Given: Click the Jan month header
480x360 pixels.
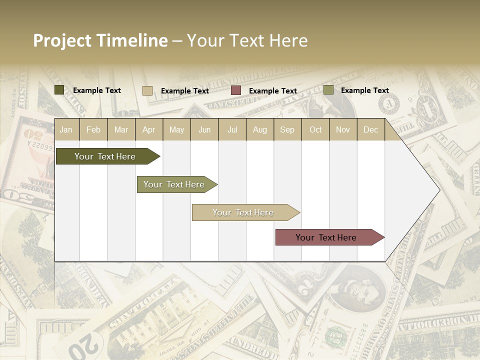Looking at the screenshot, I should click(66, 129).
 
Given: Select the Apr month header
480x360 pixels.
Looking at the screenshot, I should click(148, 129).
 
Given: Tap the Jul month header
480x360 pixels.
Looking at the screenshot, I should click(232, 129).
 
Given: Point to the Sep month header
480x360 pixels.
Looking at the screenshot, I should click(287, 129).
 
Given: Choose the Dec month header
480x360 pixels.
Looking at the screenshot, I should click(370, 129).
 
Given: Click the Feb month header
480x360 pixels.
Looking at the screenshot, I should click(93, 129).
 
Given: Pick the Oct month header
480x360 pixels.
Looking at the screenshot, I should click(315, 129).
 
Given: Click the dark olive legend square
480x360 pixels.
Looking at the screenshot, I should click(59, 90).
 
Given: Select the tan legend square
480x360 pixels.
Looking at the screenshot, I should click(147, 90).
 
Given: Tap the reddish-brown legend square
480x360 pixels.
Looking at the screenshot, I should click(236, 90).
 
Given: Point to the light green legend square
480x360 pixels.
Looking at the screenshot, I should click(328, 90).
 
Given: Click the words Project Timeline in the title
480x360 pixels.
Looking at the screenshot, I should click(100, 40).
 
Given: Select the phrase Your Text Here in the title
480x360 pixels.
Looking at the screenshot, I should click(247, 40).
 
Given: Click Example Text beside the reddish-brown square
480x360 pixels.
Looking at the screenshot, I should click(273, 91).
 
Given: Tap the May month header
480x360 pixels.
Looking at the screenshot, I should click(176, 129).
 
